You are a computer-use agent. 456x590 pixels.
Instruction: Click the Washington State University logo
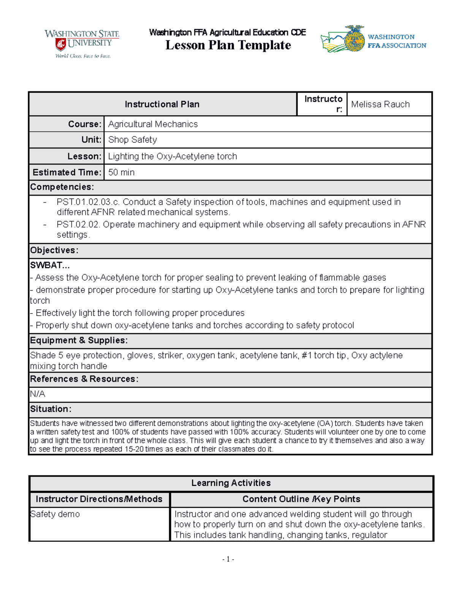pos(82,44)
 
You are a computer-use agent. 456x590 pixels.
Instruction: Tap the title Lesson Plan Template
pos(228,45)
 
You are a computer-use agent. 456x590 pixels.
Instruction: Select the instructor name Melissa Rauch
pos(380,104)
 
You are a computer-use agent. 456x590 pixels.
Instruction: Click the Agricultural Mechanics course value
pos(153,124)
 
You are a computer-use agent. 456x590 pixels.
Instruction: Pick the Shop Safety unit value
pos(132,140)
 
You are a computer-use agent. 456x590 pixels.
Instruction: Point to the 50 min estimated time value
pos(121,172)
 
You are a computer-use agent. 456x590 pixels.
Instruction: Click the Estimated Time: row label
pos(67,172)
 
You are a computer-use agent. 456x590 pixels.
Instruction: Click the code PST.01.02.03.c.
pos(88,202)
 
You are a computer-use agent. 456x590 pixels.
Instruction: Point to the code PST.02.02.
pos(78,225)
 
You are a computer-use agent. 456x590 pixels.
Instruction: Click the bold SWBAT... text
pos(50,265)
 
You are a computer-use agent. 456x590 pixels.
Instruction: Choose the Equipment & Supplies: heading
pos(79,340)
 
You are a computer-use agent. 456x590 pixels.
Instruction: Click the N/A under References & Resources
pos(38,394)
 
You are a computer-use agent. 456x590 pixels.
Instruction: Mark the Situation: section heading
pos(51,409)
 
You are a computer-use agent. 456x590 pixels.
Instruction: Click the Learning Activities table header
pos(231,483)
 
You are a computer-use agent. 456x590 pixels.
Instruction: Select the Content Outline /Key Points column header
pos(301,499)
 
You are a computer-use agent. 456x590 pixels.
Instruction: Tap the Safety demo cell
pos(55,514)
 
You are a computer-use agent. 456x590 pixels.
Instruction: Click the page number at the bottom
pos(228,559)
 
